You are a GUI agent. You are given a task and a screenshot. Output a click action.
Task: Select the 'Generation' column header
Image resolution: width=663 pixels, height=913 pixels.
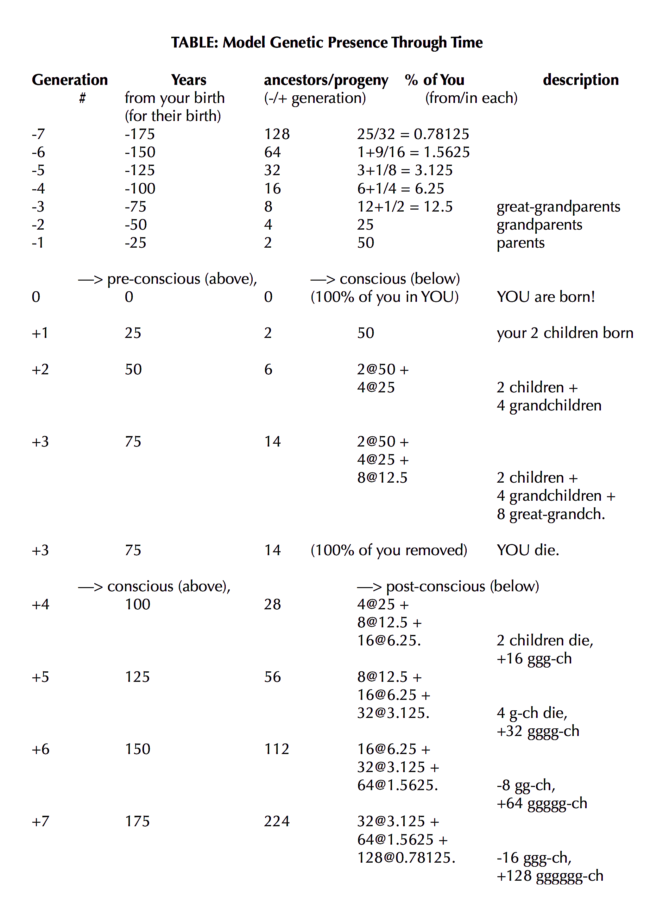[70, 80]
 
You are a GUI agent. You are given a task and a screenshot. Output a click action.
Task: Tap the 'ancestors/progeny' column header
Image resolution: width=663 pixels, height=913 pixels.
[326, 80]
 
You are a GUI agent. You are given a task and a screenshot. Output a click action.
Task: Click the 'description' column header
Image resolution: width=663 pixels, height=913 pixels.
[580, 80]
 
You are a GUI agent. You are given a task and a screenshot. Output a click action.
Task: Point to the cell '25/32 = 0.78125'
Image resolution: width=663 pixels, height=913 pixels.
[413, 134]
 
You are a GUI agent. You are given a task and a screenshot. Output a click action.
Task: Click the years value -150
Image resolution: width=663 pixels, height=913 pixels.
[140, 152]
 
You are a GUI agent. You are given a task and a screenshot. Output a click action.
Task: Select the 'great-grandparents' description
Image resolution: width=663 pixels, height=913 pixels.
[558, 206]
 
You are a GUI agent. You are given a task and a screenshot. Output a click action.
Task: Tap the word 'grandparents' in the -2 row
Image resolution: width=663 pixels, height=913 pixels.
[539, 225]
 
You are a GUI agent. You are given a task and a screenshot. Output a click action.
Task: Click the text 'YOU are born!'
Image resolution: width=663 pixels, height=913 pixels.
[546, 297]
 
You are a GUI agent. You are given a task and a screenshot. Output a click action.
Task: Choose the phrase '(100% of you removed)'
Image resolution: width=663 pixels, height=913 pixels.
[388, 550]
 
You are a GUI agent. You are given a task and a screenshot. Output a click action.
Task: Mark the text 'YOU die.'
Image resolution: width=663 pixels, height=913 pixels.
[528, 550]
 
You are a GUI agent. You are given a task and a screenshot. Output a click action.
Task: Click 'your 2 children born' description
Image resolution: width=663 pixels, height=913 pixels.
[565, 333]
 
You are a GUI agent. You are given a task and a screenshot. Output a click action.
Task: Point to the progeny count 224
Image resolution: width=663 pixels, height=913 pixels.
[276, 821]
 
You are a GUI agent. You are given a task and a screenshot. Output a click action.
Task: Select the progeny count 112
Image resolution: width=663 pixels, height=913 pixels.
[276, 749]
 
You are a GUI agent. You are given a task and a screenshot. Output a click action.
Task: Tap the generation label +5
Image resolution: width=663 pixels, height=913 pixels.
[40, 677]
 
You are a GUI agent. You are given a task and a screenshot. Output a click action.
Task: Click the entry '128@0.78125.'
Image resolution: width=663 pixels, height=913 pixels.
[406, 858]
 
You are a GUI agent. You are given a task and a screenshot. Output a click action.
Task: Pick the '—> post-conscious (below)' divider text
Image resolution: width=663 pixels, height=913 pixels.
[448, 586]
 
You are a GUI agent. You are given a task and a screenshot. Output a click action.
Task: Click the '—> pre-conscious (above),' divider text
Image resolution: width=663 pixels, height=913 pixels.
[167, 279]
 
